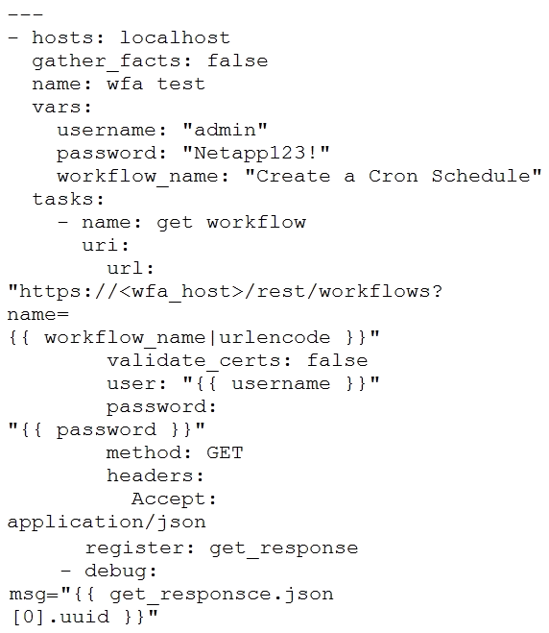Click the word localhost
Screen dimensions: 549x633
tap(175, 37)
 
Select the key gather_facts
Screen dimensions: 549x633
tap(106, 61)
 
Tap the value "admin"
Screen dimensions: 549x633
tap(225, 130)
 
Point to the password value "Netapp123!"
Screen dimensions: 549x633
tap(255, 153)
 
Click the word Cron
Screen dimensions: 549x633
tap(393, 176)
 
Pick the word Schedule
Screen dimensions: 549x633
tap(481, 176)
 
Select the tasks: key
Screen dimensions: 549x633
tap(68, 199)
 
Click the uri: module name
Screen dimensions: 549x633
tap(106, 245)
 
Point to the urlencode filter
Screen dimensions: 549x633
tap(274, 337)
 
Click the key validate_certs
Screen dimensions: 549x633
tap(194, 360)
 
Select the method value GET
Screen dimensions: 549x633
tap(225, 452)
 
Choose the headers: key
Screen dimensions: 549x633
tap(155, 475)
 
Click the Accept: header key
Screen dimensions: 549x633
tap(174, 499)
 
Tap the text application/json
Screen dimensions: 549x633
tap(107, 523)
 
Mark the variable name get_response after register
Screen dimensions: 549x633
tap(283, 548)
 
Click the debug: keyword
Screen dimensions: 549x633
tap(121, 571)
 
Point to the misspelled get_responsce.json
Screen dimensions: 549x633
tap(221, 595)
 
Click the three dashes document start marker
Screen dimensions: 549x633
tap(25, 15)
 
